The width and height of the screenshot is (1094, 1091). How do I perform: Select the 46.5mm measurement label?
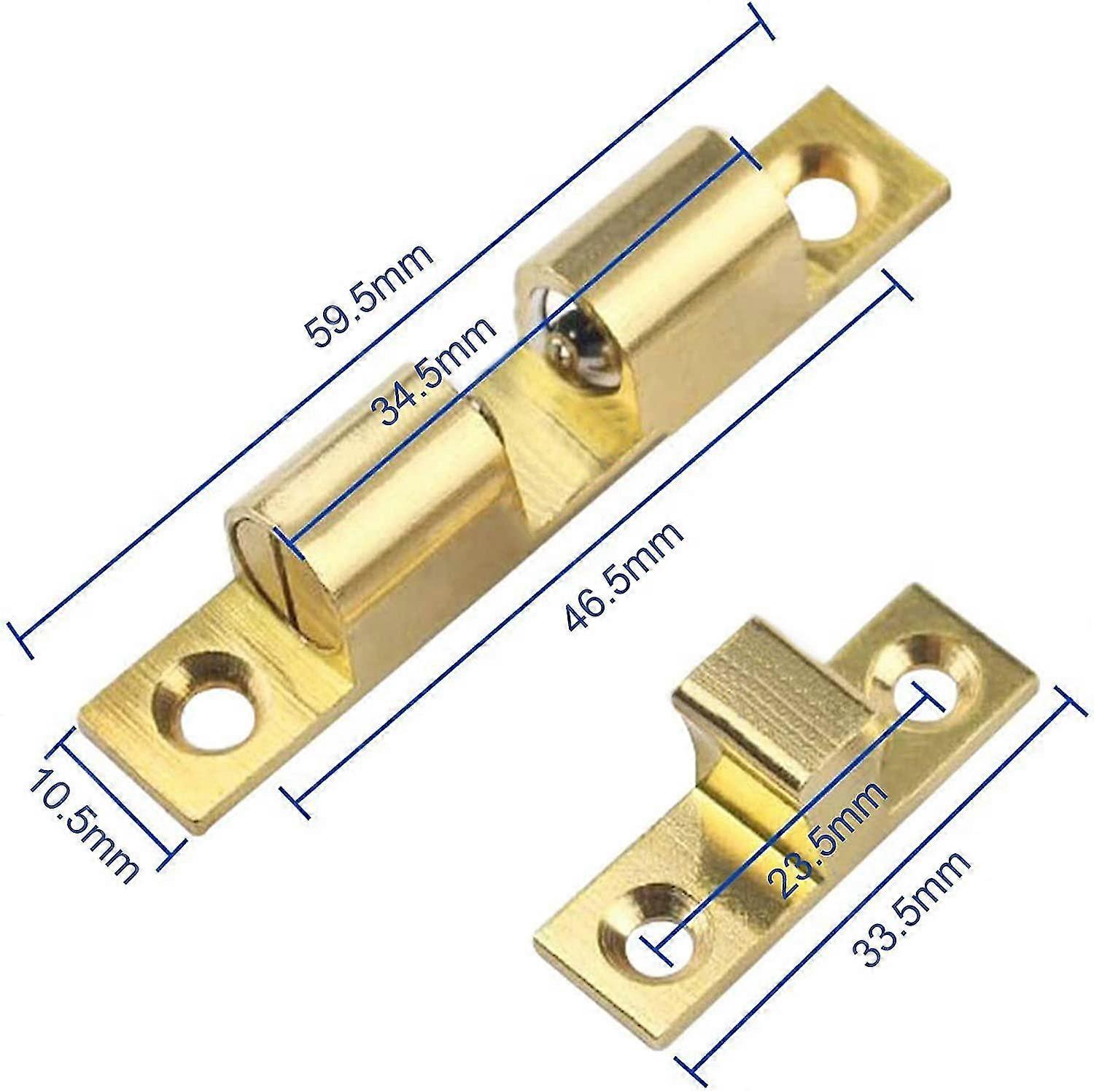click(624, 576)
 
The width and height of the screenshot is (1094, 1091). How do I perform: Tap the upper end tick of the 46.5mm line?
click(897, 284)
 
